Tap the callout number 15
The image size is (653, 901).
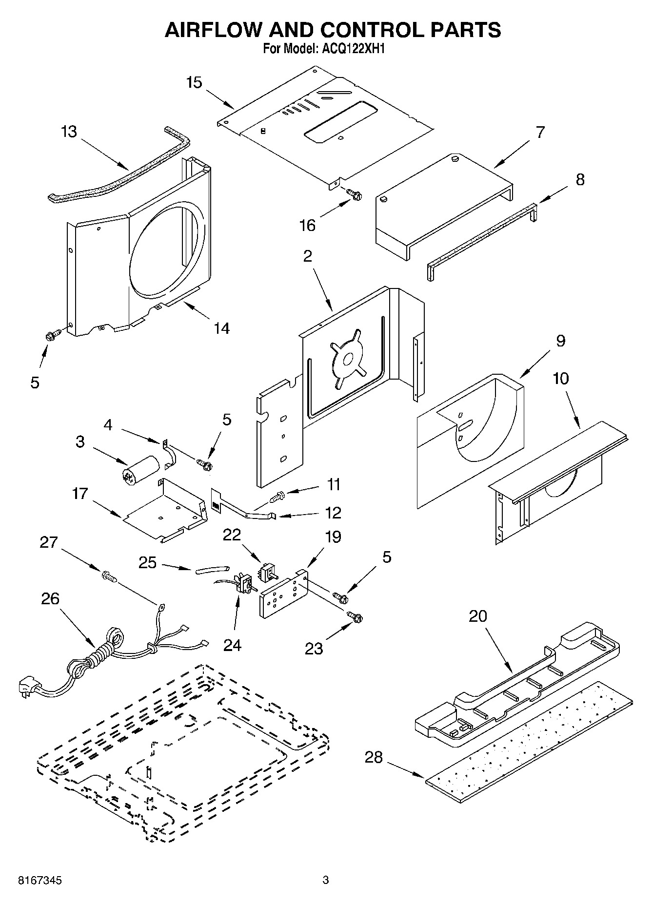tap(194, 82)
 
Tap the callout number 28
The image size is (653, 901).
tap(374, 757)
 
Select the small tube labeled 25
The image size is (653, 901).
tap(212, 569)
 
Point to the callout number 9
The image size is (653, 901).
tap(560, 341)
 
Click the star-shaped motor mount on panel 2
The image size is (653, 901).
tap(348, 359)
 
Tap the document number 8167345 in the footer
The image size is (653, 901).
tap(33, 881)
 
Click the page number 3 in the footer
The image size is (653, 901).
tap(326, 880)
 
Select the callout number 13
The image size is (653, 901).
tap(69, 132)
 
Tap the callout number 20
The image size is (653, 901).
tap(478, 616)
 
